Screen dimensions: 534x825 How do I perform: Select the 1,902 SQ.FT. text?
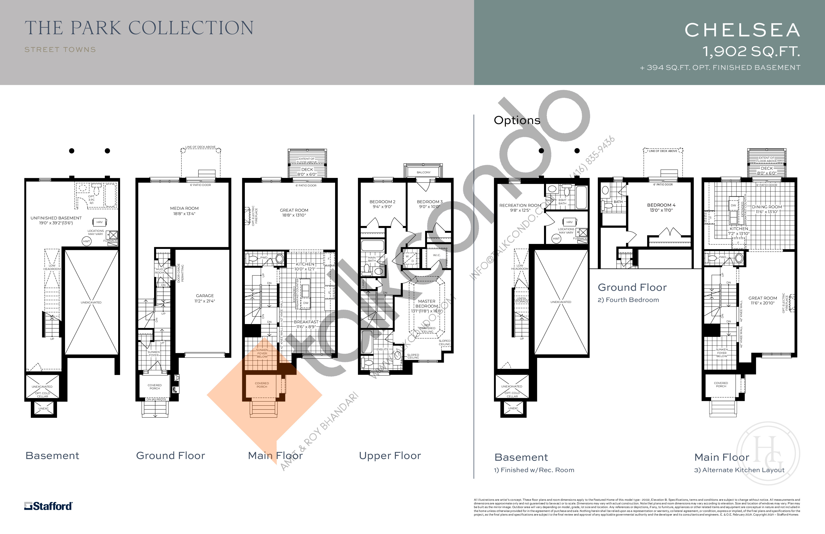(751, 52)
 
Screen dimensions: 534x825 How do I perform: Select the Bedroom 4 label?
(661, 207)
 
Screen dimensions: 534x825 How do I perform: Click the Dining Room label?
(767, 209)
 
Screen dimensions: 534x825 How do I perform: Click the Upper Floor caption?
(390, 456)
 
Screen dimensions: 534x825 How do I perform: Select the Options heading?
(517, 120)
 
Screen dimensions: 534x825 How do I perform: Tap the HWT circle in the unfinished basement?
(86, 241)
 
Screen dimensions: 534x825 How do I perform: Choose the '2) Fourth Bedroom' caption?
(628, 300)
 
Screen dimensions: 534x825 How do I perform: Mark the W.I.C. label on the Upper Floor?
(437, 255)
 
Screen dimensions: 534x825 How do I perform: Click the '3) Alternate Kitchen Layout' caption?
(739, 470)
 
